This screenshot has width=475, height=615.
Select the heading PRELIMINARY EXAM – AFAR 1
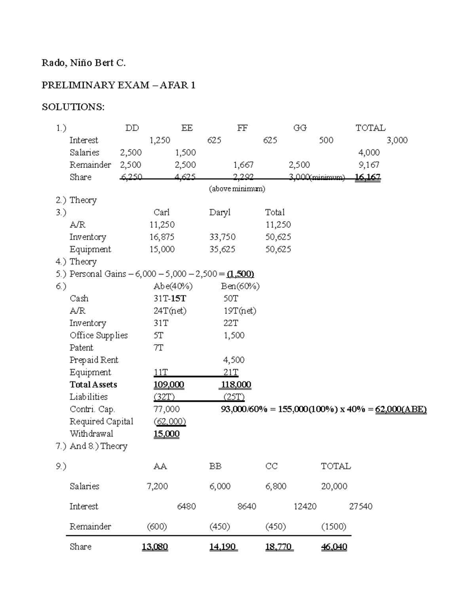[x=118, y=85]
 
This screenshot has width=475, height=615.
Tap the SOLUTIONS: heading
[x=73, y=107]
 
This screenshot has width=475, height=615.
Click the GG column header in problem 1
[x=300, y=128]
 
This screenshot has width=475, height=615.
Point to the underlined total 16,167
[x=368, y=177]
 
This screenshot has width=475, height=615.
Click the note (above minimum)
[x=237, y=188]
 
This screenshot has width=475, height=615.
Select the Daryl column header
[x=220, y=213]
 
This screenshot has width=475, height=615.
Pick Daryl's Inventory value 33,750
[x=222, y=237]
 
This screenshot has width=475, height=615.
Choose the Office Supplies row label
[x=99, y=335]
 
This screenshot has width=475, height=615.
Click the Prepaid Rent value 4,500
[x=234, y=360]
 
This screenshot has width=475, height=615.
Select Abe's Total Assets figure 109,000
[x=169, y=385]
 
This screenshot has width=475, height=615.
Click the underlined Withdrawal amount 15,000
[x=167, y=434]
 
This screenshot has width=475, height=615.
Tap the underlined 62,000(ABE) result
[x=401, y=409]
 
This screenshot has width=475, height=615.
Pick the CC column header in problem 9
[x=272, y=466]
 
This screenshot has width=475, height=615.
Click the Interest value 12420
[x=305, y=506]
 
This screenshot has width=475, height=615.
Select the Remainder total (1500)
[x=334, y=527]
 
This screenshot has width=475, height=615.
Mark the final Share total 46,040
[x=334, y=547]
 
